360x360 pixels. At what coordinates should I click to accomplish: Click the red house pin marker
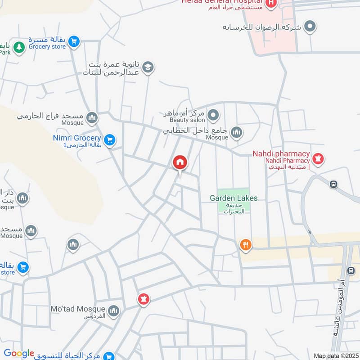180,162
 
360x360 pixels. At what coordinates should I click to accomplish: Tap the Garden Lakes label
234,198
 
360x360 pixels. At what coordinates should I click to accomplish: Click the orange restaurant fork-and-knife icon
246,245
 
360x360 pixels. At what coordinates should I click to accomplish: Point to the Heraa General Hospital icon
271,4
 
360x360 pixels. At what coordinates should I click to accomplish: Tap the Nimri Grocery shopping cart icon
109,140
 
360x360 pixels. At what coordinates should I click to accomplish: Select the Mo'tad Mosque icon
113,310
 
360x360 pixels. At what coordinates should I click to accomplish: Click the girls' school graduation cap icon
148,68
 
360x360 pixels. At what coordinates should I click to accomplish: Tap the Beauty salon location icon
214,116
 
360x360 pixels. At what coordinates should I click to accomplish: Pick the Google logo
19,353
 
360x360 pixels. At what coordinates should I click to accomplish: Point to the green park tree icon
19,47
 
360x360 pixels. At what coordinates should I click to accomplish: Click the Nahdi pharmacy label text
281,154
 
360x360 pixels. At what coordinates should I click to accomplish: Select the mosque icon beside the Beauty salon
236,133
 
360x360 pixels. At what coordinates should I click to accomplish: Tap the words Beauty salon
187,120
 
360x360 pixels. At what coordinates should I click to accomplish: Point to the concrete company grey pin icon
310,27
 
